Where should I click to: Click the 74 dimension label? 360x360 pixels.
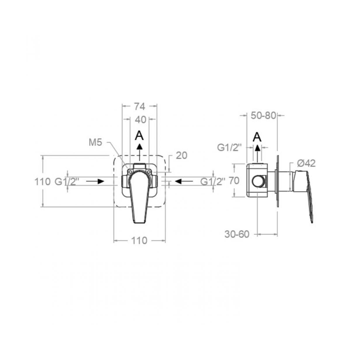click(140, 107)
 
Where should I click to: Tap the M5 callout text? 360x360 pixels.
click(95, 143)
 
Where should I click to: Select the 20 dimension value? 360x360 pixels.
click(181, 156)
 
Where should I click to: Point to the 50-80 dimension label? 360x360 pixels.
click(263, 116)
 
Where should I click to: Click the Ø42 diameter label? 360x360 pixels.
click(306, 163)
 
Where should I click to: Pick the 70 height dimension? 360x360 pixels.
click(234, 181)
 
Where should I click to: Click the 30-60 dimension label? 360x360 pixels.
click(237, 234)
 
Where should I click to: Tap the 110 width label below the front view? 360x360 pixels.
click(139, 240)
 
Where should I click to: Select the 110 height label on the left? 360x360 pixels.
click(42, 181)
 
